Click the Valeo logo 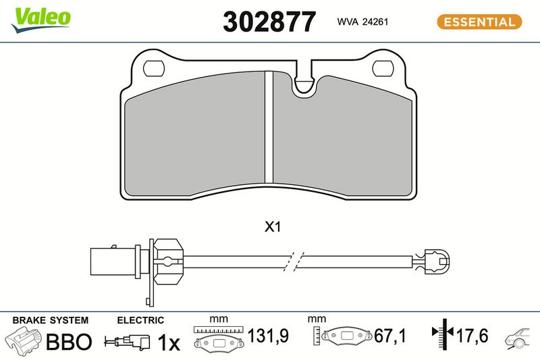click(41, 20)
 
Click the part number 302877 click(269, 22)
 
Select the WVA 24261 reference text click(362, 22)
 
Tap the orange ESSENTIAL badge click(479, 22)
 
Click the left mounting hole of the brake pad click(154, 68)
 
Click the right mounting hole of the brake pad click(383, 68)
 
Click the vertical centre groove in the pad click(269, 127)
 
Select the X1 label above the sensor click(273, 227)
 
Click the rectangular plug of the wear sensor click(113, 261)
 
